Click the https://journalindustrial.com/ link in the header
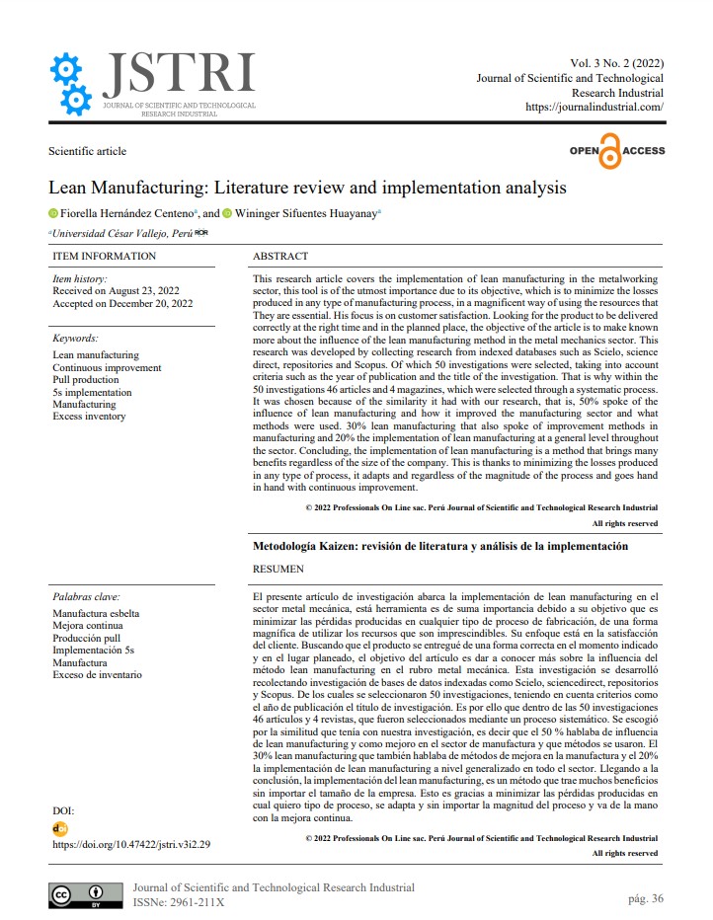(x=594, y=107)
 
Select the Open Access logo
(x=617, y=151)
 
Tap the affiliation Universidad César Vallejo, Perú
(x=122, y=233)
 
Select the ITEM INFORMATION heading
(x=104, y=256)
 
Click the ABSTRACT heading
(x=280, y=256)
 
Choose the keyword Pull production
(x=86, y=380)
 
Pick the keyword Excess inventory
(x=89, y=417)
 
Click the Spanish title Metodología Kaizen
(x=440, y=546)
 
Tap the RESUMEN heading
(x=278, y=569)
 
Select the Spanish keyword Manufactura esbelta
(x=96, y=613)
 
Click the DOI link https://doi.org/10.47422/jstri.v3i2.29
(x=130, y=845)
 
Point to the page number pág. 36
(x=645, y=898)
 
